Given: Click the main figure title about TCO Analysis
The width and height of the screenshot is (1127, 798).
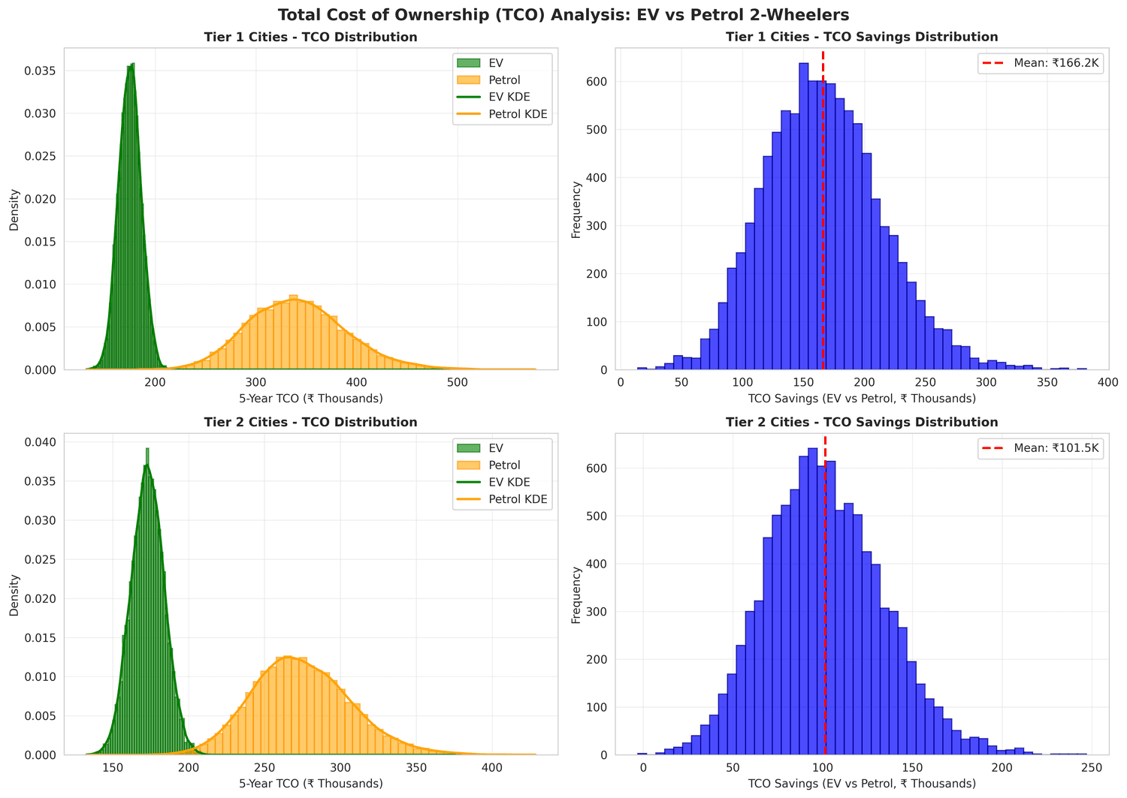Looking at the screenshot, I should pyautogui.click(x=563, y=14).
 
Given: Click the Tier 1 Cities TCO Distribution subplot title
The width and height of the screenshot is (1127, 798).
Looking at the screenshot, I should pyautogui.click(x=310, y=37).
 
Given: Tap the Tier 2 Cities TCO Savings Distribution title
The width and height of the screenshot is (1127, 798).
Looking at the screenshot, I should pyautogui.click(x=862, y=422).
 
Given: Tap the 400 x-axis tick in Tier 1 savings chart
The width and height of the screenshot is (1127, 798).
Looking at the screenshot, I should pyautogui.click(x=1108, y=381).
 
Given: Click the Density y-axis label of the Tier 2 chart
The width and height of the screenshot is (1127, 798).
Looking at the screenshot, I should pyautogui.click(x=14, y=595).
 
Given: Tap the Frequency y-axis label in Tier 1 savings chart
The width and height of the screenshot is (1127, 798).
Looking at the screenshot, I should pyautogui.click(x=576, y=209).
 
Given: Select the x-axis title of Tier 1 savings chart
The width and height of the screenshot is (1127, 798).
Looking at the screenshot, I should pyautogui.click(x=862, y=399).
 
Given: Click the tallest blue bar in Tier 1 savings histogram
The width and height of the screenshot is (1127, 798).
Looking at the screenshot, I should pyautogui.click(x=803, y=218).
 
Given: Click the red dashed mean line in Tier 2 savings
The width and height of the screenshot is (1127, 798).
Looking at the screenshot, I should pyautogui.click(x=825, y=601).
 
